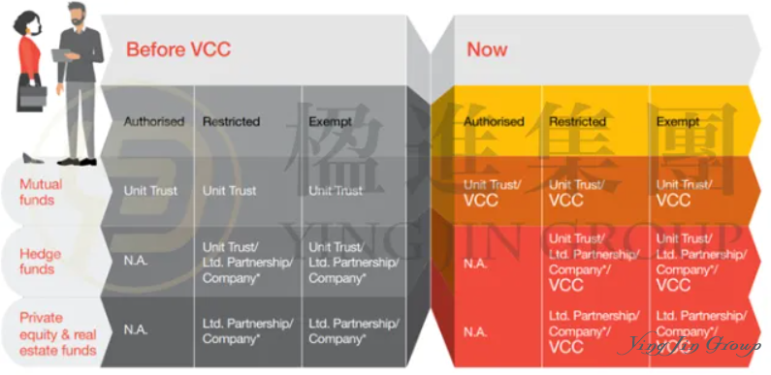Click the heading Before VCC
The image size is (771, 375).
178,48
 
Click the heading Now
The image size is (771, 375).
487,48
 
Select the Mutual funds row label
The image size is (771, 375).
42,192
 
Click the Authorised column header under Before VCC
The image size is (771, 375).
153,122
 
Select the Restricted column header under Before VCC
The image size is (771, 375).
231,122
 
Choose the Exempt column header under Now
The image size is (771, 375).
677,122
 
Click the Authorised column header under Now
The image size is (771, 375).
493,122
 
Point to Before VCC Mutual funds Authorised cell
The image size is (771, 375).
150,191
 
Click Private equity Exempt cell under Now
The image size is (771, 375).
695,330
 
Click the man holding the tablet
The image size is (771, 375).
79,78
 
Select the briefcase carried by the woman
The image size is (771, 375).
31,97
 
